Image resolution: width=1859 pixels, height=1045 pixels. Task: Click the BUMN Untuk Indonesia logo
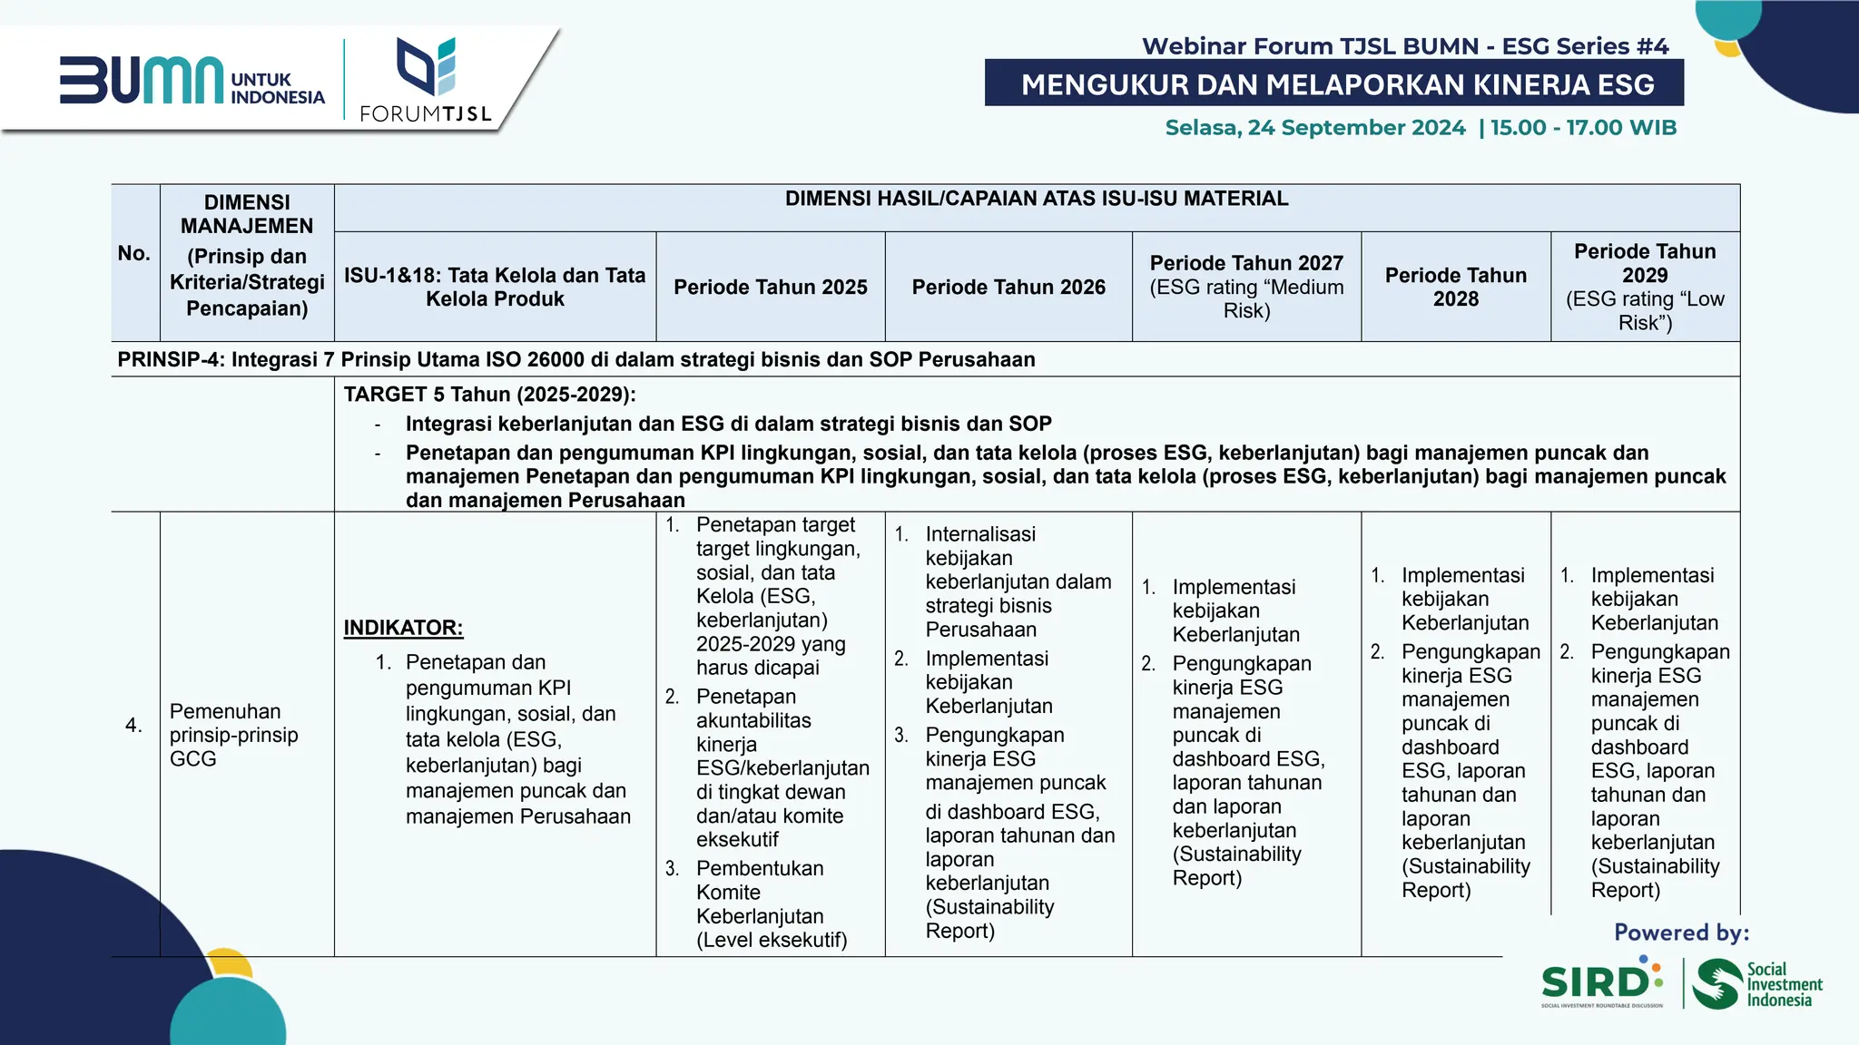[x=192, y=82]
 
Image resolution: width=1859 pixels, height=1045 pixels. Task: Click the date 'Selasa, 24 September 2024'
[x=1314, y=128]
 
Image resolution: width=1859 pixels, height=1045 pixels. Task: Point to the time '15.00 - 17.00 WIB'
[x=1583, y=128]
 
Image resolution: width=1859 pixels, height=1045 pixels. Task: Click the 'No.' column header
[x=134, y=254]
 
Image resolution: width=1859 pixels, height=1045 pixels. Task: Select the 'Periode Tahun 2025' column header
[x=770, y=288]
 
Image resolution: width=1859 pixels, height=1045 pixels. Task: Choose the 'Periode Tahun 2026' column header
[x=1008, y=288]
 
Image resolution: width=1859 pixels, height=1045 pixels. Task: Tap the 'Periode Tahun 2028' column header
[x=1455, y=288]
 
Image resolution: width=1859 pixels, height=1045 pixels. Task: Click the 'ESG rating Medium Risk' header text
[x=1246, y=299]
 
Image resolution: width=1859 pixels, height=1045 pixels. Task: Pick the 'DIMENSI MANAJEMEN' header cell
[x=247, y=214]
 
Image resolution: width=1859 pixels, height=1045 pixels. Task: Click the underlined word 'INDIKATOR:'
[x=403, y=628]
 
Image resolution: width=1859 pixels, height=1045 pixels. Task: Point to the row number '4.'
[x=133, y=725]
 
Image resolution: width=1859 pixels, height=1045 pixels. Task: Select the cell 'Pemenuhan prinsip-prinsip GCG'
[x=233, y=735]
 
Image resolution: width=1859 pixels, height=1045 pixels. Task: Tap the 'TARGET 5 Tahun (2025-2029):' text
[x=489, y=395]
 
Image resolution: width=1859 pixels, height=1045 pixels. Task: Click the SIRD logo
[x=1601, y=982]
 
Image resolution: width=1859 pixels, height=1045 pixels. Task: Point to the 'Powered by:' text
[x=1680, y=933]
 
